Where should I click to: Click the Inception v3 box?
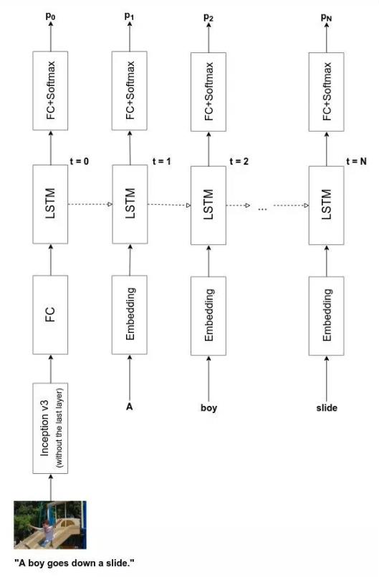pos(50,428)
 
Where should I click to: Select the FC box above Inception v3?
pos(50,314)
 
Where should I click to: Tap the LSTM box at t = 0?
pos(50,204)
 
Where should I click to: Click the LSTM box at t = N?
pos(326,205)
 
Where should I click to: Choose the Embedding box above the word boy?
pos(208,316)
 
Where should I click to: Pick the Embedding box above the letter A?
pos(129,314)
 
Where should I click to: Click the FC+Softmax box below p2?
pos(208,92)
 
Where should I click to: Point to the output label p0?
pos(50,16)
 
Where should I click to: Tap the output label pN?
pos(326,17)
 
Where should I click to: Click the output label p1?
pos(129,16)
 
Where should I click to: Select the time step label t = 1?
pos(162,161)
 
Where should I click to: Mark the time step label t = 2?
pos(239,161)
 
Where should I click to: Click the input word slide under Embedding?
pos(327,408)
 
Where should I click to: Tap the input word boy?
pos(208,408)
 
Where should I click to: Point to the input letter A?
pos(129,407)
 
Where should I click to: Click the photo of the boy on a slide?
pos(50,525)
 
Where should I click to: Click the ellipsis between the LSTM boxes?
pos(262,209)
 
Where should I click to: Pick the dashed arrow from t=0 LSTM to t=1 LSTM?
pos(90,204)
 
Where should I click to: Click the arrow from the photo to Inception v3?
pos(51,488)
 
